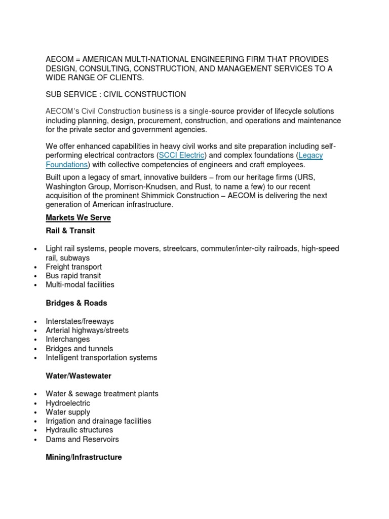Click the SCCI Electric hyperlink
pos(182,155)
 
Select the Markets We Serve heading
pos(78,217)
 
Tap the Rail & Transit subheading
pos(70,231)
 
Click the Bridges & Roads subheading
pos(76,303)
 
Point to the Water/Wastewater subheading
pos(79,376)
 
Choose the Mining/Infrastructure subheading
pos(84,457)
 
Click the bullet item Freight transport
pos(73,267)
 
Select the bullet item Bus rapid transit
pos(73,276)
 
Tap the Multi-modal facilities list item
pos(80,285)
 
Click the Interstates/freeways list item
pos(80,321)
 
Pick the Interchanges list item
pos(67,339)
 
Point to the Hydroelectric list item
pos(68,403)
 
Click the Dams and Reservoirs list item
pos(82,439)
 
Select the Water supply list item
pos(68,412)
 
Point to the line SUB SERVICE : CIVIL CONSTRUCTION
pos(115,94)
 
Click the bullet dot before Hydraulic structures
pos(35,430)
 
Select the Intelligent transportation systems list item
pos(101,357)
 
